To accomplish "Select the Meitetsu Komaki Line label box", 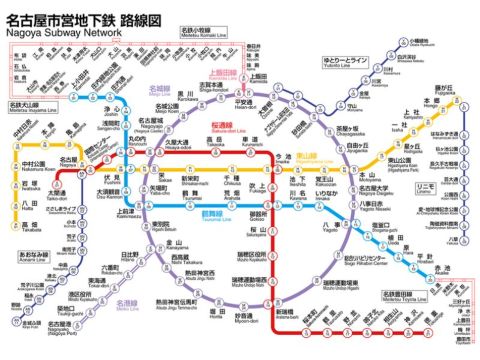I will [202, 33].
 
